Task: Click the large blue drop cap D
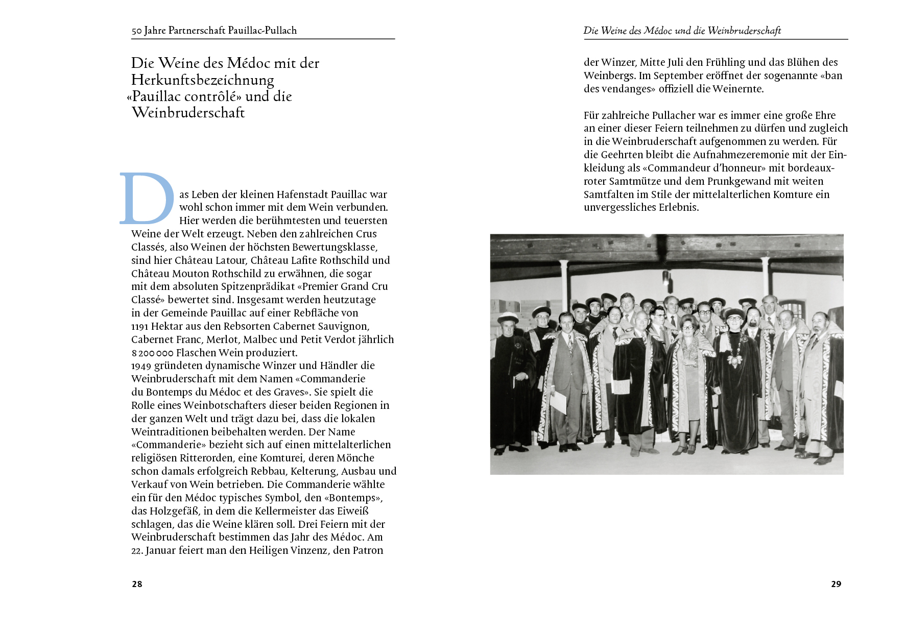click(147, 199)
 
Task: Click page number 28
click(137, 584)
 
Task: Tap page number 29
click(836, 584)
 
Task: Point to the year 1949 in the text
click(141, 366)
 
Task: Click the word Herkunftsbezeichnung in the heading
click(203, 80)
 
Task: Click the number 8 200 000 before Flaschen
click(152, 353)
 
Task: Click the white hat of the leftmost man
click(507, 317)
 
